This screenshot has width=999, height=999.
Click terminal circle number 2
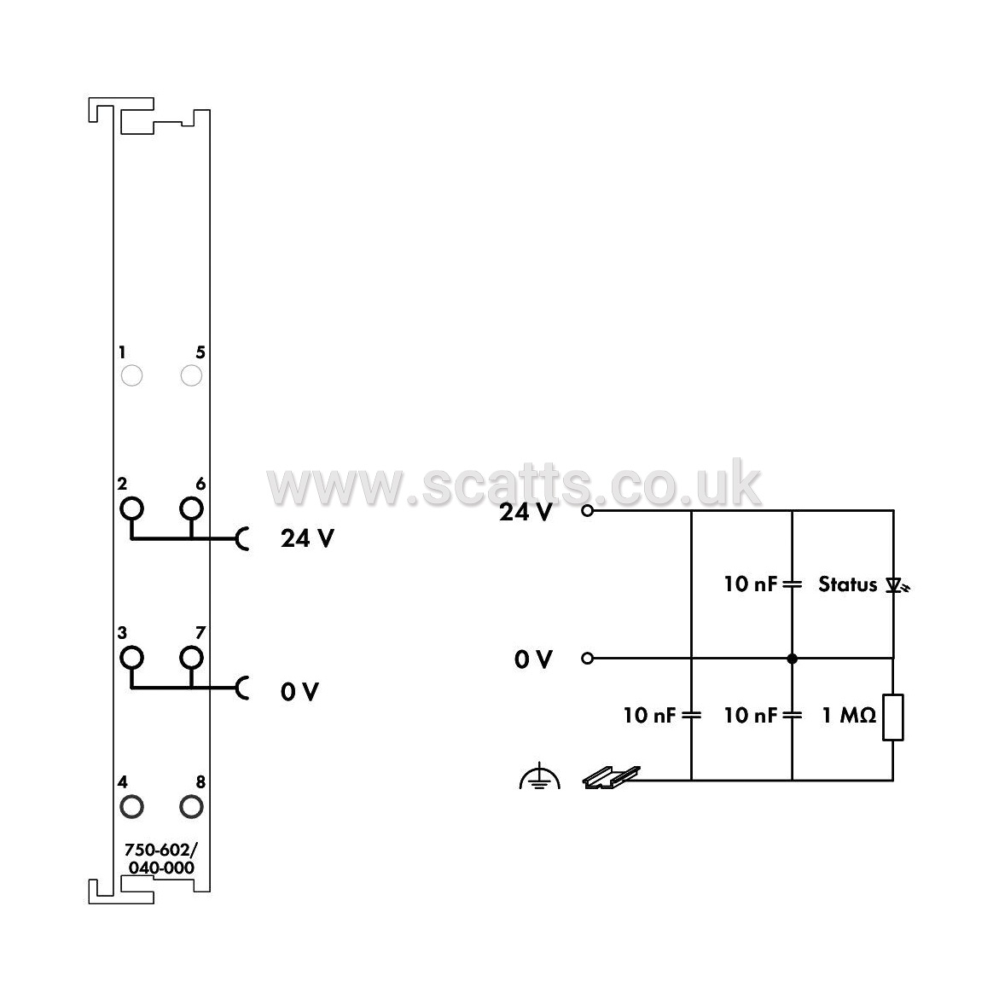(x=132, y=499)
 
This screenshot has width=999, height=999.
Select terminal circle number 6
(x=191, y=499)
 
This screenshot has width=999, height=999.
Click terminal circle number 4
(x=132, y=797)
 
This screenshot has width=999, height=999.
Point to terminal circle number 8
(x=191, y=797)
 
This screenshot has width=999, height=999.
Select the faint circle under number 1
(x=132, y=366)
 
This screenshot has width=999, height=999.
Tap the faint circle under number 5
(x=191, y=366)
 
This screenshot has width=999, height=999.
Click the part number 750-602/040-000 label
(x=161, y=858)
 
